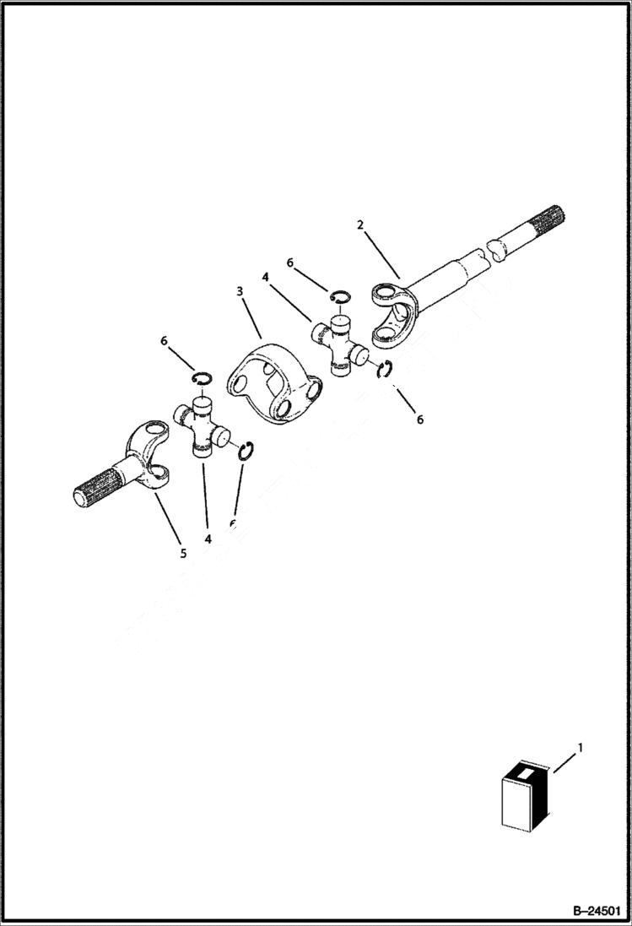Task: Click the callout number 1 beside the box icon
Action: pyautogui.click(x=579, y=747)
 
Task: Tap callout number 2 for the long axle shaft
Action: pyautogui.click(x=360, y=225)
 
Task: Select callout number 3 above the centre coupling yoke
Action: pyautogui.click(x=240, y=291)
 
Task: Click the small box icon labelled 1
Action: pyautogui.click(x=525, y=795)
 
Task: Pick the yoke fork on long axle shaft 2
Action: pyautogui.click(x=393, y=317)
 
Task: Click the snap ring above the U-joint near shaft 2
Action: pyautogui.click(x=339, y=295)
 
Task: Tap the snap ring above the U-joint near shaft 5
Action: pyautogui.click(x=202, y=377)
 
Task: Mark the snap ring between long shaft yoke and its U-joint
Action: pyautogui.click(x=384, y=370)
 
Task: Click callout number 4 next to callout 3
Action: pyautogui.click(x=265, y=276)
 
